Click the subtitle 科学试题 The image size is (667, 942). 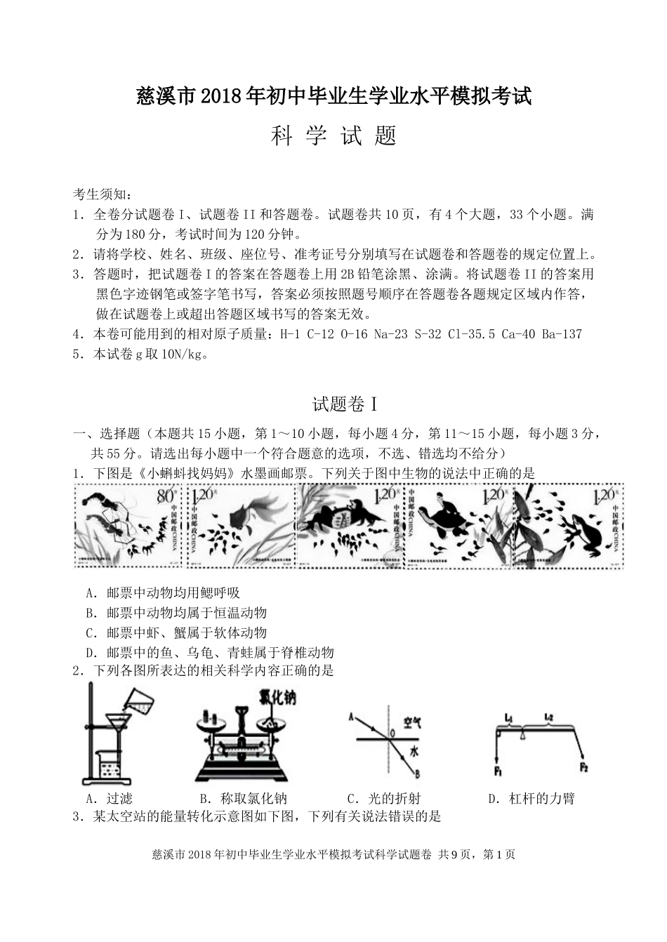[x=333, y=135]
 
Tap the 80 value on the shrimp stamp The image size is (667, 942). [x=165, y=496]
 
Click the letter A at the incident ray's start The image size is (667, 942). [x=350, y=717]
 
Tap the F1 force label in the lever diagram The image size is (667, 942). [x=497, y=772]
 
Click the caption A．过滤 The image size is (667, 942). [x=108, y=798]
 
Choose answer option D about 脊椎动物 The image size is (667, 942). [x=209, y=652]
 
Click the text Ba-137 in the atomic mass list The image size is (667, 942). [x=562, y=334]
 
